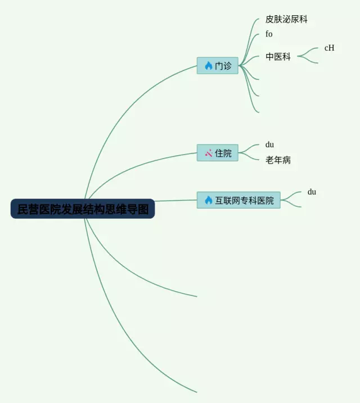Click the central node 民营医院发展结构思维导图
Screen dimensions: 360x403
click(82, 209)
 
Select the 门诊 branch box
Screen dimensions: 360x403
click(218, 66)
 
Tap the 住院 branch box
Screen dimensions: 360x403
click(218, 153)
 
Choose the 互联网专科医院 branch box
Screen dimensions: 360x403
click(238, 200)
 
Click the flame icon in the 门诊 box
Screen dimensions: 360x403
click(208, 66)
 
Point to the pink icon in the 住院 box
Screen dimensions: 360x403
click(208, 153)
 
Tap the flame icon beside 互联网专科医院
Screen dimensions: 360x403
click(208, 200)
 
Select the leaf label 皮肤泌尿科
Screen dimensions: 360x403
click(286, 20)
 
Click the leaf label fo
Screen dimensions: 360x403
click(269, 34)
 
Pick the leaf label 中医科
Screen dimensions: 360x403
click(278, 57)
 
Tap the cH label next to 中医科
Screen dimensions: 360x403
click(329, 48)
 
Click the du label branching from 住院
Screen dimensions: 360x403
click(269, 145)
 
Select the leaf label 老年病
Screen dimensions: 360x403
click(278, 161)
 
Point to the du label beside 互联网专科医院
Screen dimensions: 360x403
click(312, 192)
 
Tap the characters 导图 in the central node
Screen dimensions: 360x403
click(138, 209)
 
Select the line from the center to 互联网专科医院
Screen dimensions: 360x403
click(174, 201)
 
